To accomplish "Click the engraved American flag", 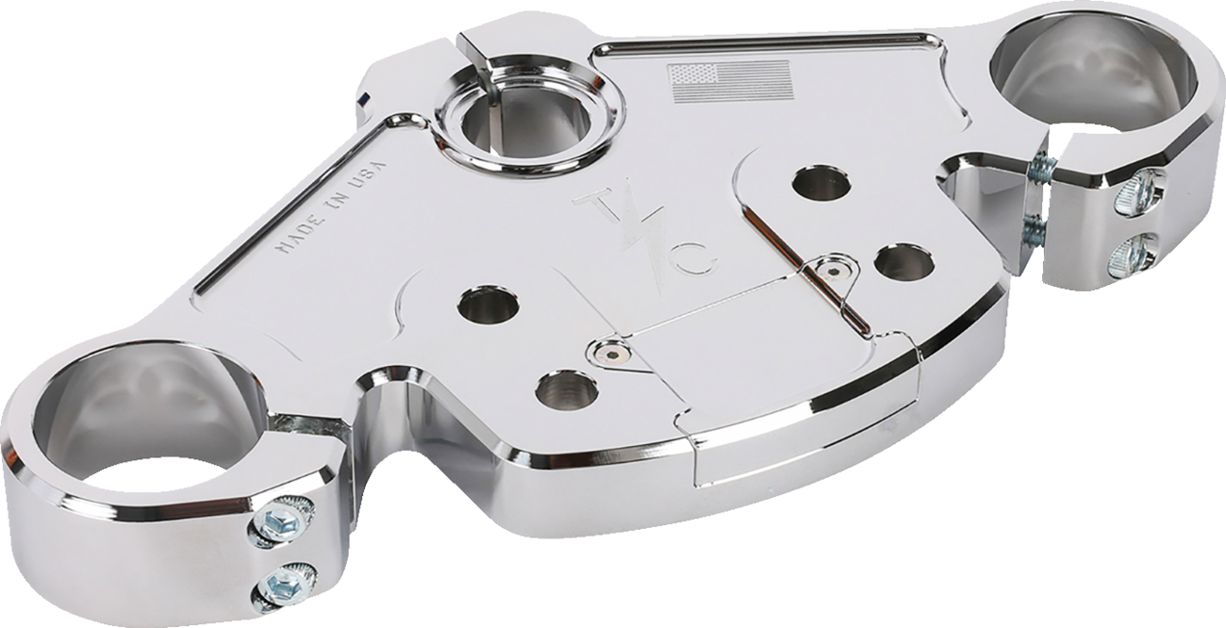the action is [x=730, y=80].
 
